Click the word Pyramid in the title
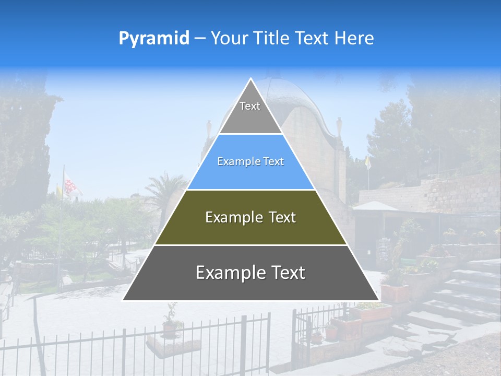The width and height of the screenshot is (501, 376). click(x=154, y=38)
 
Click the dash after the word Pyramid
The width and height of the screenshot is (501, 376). click(x=200, y=39)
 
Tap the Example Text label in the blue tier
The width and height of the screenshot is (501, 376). click(x=250, y=162)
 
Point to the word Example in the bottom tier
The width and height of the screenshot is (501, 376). click(x=228, y=273)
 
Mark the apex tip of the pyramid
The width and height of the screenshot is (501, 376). click(x=251, y=80)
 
